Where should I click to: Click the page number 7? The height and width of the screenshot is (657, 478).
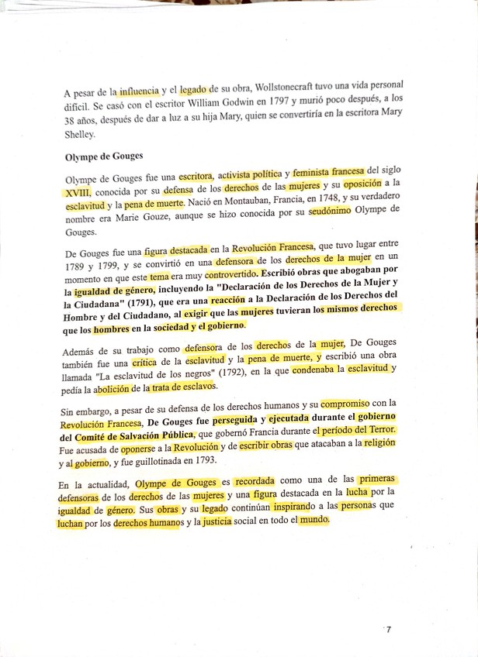click(388, 630)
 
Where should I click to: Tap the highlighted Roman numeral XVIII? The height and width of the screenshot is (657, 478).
click(78, 191)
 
